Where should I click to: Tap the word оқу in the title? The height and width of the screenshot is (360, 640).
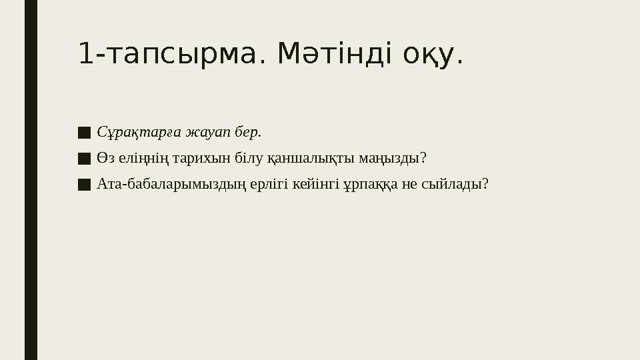(x=433, y=54)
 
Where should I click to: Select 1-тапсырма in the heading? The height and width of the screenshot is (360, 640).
(x=167, y=54)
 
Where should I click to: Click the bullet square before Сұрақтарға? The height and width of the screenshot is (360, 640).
(x=84, y=133)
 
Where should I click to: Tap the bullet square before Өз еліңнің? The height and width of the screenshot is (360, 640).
(x=84, y=159)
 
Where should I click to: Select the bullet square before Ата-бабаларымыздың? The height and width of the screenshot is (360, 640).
(x=84, y=184)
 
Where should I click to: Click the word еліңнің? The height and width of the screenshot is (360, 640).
(x=134, y=159)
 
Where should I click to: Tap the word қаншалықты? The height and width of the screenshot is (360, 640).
(x=305, y=159)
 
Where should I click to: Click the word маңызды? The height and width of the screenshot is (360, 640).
(x=393, y=159)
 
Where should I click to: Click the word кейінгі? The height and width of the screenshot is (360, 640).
(x=317, y=184)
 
